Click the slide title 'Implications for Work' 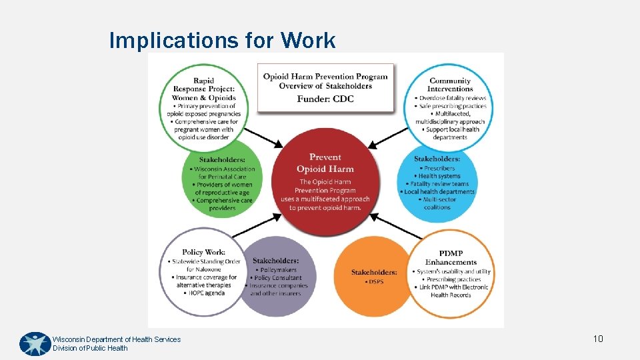[x=222, y=41]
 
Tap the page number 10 [x=598, y=339]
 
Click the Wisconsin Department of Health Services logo [x=35, y=344]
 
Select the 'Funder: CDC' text [x=325, y=99]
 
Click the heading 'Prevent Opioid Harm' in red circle [x=325, y=163]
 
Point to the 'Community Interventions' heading [x=451, y=85]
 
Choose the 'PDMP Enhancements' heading [x=451, y=258]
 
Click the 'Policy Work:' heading [x=204, y=252]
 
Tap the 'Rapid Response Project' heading [x=203, y=89]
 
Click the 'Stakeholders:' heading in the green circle [x=222, y=160]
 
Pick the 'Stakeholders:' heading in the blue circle [x=437, y=159]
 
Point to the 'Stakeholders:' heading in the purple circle [x=275, y=260]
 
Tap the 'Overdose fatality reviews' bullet [x=452, y=98]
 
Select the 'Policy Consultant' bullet [x=277, y=277]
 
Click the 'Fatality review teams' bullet [x=439, y=183]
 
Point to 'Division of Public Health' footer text [x=90, y=348]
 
